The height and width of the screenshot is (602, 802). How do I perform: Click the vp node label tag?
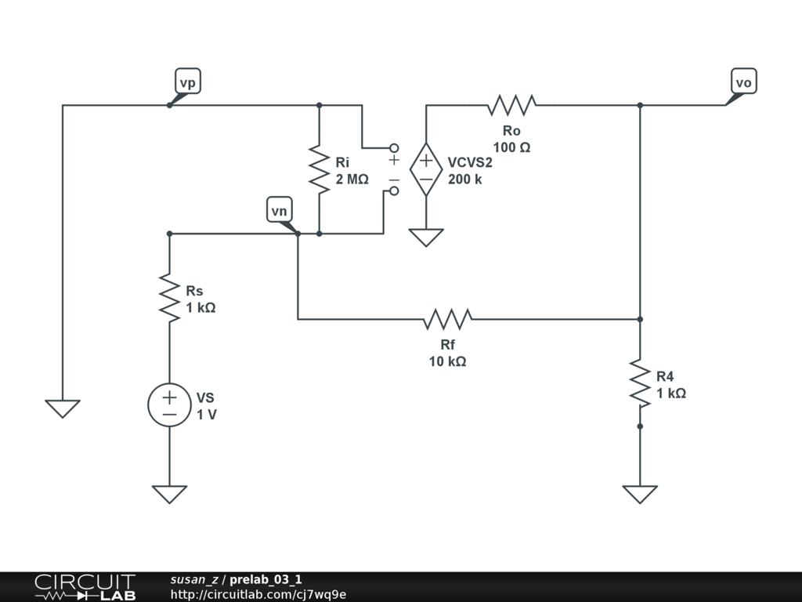188,82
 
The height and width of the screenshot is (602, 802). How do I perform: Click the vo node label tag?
744,82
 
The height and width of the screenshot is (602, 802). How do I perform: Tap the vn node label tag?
280,210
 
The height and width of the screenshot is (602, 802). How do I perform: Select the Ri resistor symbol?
320,169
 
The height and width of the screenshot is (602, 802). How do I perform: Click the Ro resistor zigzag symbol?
511,105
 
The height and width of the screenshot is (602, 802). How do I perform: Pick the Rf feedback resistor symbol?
447,319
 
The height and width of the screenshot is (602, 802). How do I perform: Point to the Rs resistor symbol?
170,297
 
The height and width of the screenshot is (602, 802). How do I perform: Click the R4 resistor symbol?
640,383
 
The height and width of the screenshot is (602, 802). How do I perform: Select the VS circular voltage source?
170,404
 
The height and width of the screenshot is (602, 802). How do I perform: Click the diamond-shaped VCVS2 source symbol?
426,169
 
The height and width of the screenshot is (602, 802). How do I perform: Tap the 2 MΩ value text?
352,180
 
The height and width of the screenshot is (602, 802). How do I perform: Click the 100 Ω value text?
511,147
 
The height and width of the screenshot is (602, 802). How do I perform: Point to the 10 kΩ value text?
447,361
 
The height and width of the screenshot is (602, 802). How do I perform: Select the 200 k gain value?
465,180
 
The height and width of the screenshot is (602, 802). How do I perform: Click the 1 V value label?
207,415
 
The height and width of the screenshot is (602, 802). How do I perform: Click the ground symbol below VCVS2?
426,238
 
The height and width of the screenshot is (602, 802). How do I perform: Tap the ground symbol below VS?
170,495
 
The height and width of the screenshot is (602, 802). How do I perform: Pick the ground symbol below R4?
640,495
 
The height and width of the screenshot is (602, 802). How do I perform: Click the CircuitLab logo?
85,587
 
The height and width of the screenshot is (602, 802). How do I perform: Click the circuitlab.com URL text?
258,594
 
